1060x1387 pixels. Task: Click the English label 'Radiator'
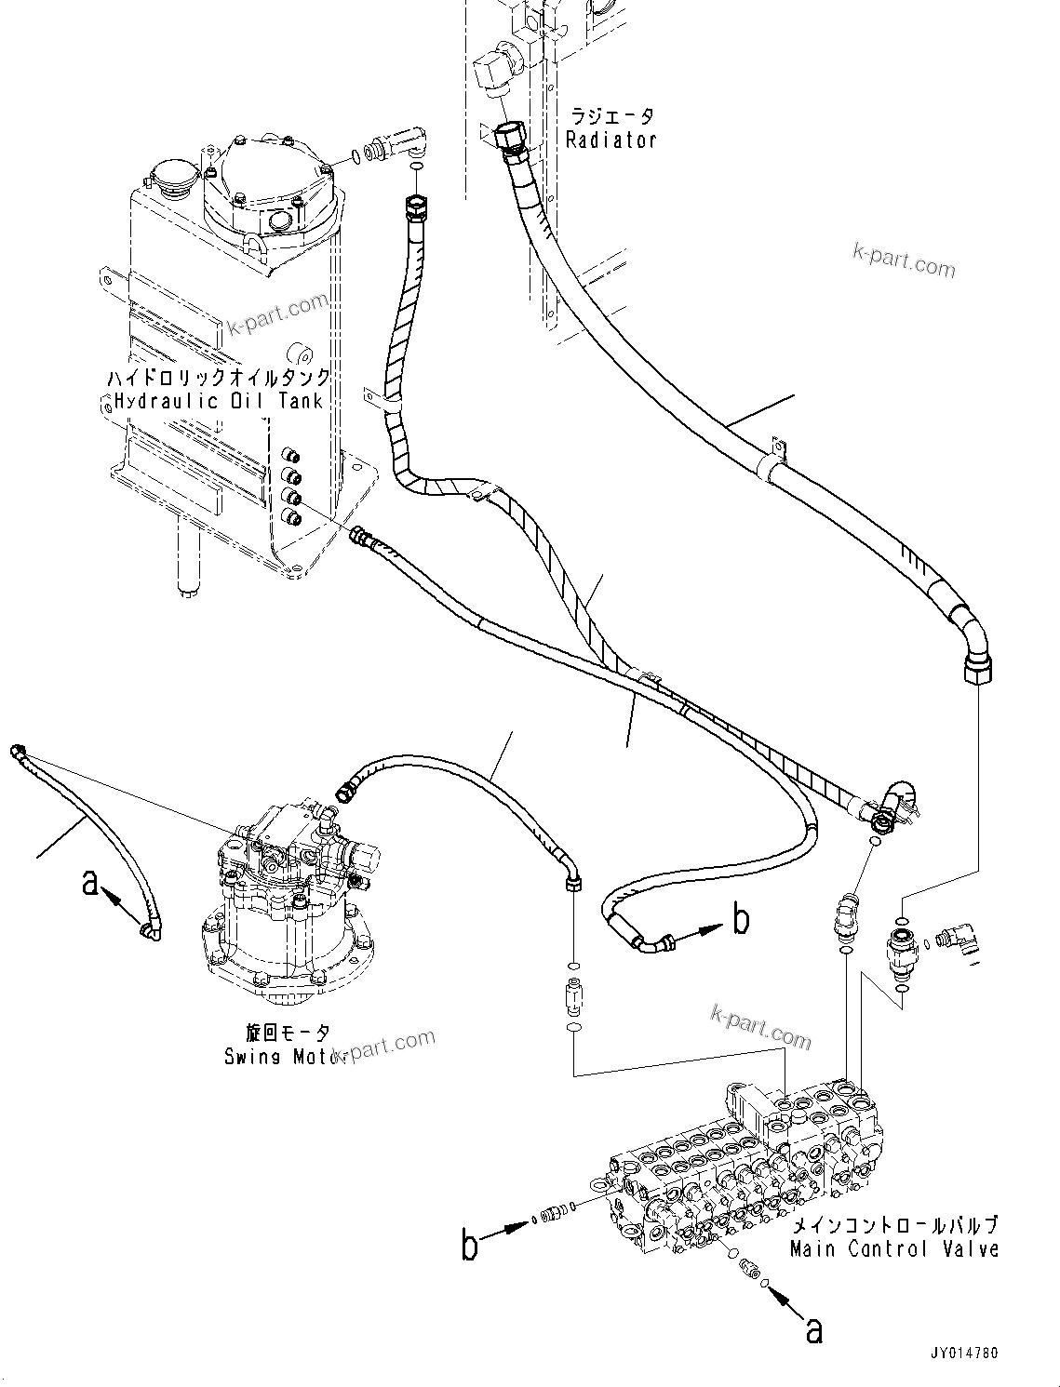coord(611,140)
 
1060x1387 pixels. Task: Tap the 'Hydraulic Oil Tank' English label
coord(219,401)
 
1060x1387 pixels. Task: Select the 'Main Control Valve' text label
coord(893,1249)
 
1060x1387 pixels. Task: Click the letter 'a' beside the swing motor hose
coord(89,882)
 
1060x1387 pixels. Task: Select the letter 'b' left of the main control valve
coord(471,1244)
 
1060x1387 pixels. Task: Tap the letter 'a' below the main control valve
coord(813,1332)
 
